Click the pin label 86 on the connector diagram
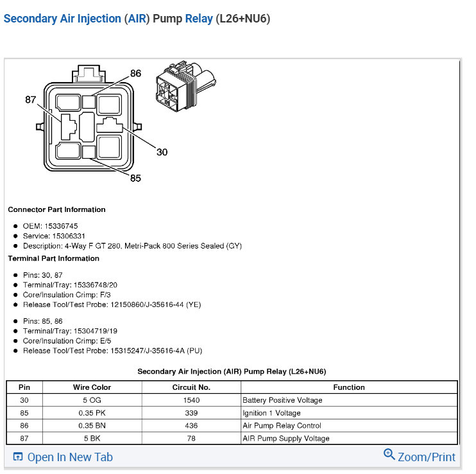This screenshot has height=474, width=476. point(135,73)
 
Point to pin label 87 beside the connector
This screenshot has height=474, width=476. point(31,100)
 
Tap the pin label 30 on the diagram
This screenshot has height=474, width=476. point(162,152)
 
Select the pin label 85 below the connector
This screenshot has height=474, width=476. point(135,178)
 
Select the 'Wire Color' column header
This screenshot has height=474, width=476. point(92,387)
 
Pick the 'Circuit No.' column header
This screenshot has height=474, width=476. point(191,387)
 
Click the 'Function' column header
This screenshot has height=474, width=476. point(349,387)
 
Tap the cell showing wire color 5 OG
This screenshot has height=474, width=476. point(92,400)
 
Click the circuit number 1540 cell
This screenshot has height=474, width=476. point(191,400)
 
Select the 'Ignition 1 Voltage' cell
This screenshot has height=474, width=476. point(271,413)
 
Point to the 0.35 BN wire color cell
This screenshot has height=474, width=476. point(92,425)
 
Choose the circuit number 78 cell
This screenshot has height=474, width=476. point(191,438)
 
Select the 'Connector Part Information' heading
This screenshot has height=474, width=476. point(56,209)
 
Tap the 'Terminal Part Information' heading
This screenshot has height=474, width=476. point(53,258)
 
